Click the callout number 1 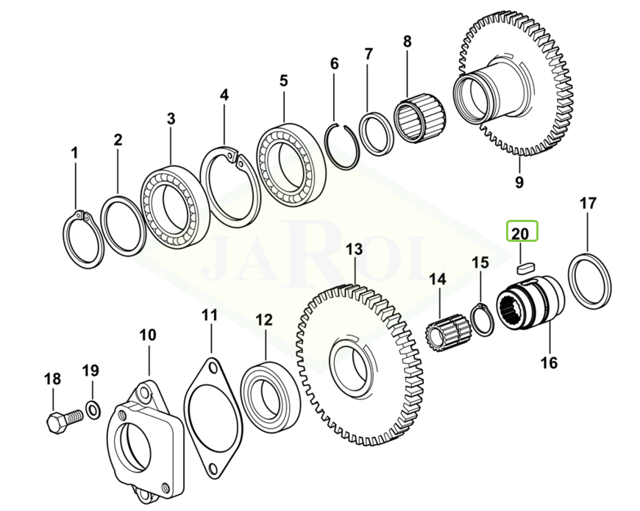74,153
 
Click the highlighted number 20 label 521,234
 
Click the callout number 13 354,249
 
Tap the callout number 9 519,182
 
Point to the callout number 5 283,80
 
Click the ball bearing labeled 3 170,207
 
